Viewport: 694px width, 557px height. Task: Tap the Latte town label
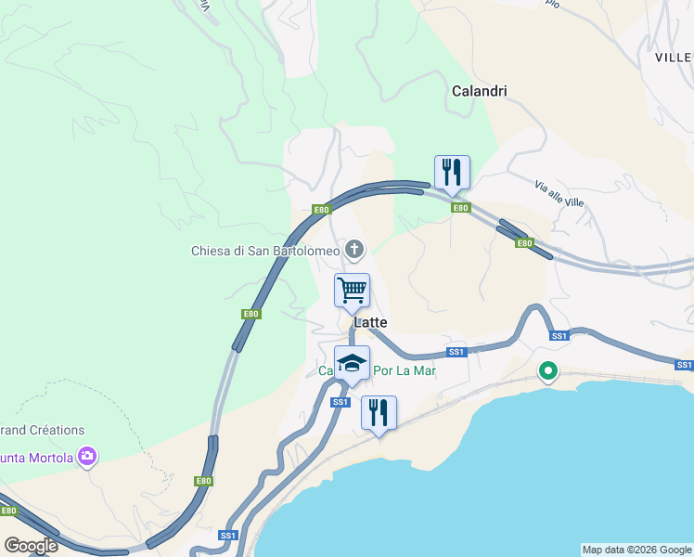point(370,322)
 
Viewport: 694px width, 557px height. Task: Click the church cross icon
point(353,249)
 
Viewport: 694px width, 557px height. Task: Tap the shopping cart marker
point(352,290)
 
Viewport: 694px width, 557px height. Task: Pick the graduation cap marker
point(352,363)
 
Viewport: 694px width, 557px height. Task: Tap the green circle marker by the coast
point(548,372)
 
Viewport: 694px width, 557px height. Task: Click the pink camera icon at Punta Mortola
point(87,456)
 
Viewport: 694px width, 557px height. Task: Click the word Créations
point(54,430)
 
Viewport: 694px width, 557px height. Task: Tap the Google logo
point(31,546)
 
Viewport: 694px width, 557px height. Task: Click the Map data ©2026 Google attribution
point(636,550)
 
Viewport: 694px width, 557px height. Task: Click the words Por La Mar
point(405,370)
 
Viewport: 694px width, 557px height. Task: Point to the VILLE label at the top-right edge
point(674,58)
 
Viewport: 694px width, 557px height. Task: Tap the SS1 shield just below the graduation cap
point(341,402)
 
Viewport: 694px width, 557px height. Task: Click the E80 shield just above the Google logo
point(8,511)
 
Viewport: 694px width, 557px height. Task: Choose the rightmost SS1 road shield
point(684,365)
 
